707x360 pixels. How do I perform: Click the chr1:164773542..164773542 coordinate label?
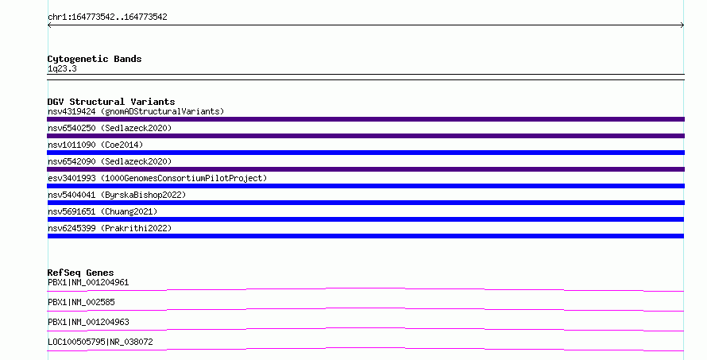107,17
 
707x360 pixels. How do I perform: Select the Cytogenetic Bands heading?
95,59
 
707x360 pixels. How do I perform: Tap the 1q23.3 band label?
62,68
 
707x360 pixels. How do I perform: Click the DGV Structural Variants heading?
111,102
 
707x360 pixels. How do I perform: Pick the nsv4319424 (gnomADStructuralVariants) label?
136,111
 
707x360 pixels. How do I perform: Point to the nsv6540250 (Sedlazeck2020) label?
110,128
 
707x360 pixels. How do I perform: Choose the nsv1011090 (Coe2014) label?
95,145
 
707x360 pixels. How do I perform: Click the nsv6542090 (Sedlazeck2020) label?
110,161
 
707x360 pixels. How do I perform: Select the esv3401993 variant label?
157,178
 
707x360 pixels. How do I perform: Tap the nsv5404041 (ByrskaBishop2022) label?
117,195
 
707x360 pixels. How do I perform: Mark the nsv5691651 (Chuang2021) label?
102,211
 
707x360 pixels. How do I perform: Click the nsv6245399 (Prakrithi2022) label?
110,228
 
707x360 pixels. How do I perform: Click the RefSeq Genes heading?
80,273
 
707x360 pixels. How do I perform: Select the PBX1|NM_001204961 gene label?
88,282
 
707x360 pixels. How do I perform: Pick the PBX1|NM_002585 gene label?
81,302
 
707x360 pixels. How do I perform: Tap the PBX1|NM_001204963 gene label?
88,322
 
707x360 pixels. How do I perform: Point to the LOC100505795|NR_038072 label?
100,342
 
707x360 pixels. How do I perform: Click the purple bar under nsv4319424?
365,119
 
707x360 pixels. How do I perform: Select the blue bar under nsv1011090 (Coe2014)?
365,153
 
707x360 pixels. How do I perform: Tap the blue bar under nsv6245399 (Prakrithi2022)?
365,236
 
